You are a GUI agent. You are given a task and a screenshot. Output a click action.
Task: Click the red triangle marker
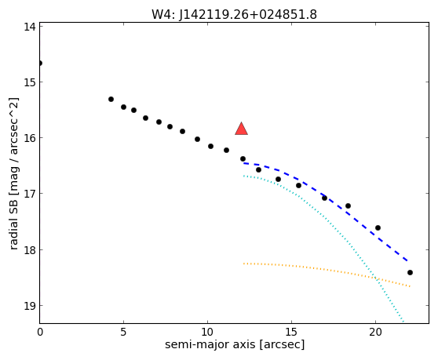(x=241, y=129)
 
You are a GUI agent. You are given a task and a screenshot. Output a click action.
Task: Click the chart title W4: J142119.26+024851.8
(x=234, y=14)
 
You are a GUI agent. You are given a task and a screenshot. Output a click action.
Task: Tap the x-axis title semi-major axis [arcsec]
(x=235, y=344)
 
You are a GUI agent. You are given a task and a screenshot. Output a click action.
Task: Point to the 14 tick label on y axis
(x=30, y=27)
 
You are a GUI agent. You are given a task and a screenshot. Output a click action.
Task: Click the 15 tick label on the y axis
(x=30, y=82)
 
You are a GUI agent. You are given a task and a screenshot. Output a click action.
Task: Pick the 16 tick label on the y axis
(x=30, y=138)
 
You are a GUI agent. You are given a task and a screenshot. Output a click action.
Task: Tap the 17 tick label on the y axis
(x=30, y=194)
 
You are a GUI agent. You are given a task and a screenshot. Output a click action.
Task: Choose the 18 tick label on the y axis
(x=30, y=249)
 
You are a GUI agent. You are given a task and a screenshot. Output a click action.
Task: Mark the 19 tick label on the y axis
(x=30, y=306)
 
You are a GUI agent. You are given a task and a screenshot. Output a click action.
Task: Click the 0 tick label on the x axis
(x=40, y=332)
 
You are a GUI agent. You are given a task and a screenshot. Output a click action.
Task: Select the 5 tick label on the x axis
(x=123, y=332)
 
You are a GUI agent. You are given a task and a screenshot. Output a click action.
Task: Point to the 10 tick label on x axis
(x=207, y=332)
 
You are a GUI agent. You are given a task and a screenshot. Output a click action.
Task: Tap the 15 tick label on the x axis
(x=292, y=332)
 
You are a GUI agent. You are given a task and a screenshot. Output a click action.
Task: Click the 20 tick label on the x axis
(x=376, y=332)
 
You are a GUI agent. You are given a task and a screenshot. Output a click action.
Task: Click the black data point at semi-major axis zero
(x=40, y=63)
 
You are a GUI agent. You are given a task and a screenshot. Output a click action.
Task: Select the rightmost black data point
(x=410, y=272)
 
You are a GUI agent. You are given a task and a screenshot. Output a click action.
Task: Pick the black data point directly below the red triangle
(x=243, y=158)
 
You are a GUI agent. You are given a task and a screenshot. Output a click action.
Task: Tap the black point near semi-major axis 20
(x=378, y=227)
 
